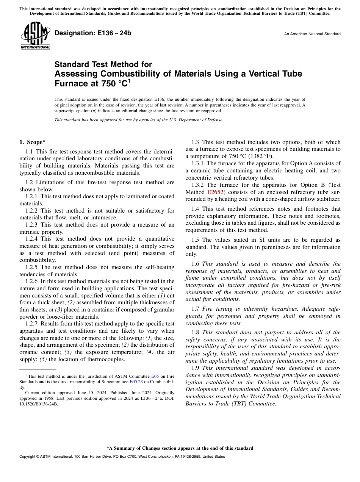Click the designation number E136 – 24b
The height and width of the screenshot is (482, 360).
(93, 33)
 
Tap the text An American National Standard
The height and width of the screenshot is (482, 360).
(312, 34)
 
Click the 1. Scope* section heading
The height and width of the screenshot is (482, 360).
(32, 142)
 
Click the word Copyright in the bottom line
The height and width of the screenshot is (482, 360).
(28, 457)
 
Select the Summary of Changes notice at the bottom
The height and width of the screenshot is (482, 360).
(180, 448)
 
